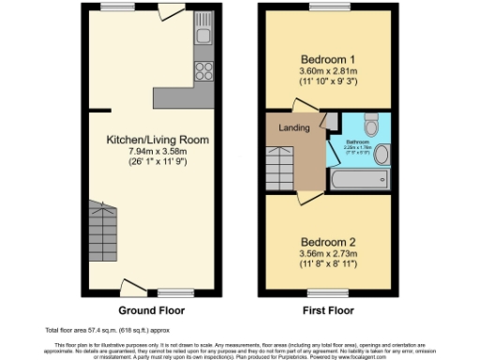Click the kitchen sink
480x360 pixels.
[203, 38]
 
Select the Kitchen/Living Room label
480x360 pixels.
[157, 140]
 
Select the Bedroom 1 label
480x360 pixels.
[321, 57]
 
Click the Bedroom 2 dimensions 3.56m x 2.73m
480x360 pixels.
[321, 253]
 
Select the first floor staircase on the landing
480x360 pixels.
[282, 162]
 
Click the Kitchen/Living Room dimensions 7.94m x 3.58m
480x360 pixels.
[157, 151]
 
